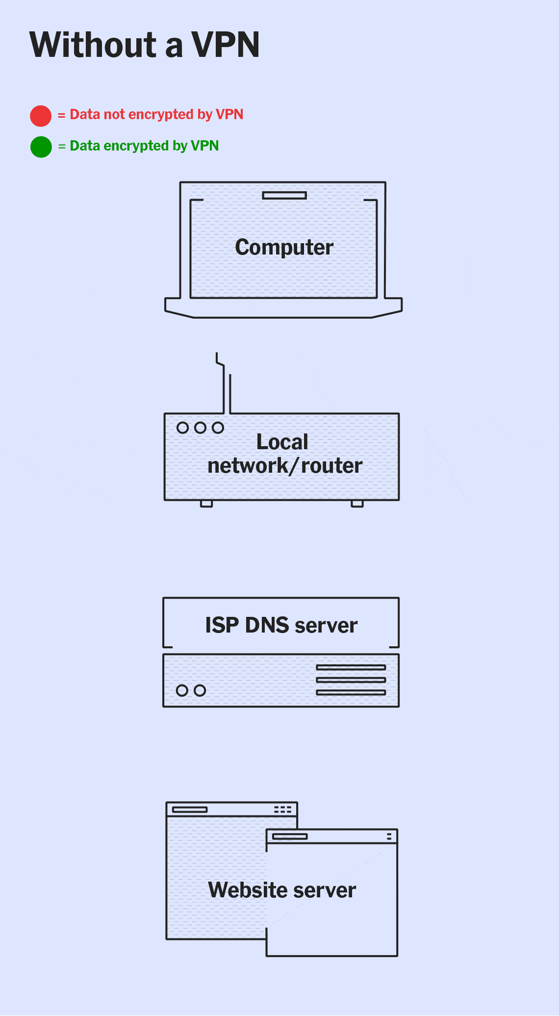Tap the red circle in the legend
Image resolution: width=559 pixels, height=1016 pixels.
41,116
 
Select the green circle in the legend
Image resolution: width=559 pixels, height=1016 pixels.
41,147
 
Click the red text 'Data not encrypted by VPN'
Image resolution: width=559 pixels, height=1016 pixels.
156,115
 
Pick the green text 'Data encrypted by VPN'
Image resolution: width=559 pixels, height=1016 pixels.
144,146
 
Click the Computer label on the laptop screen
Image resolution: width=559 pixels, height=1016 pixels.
284,247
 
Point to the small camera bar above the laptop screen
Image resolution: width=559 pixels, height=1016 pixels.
284,196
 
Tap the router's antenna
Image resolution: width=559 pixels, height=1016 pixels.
227,387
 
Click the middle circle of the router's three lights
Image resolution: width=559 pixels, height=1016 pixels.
200,428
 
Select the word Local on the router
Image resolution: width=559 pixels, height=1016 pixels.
282,442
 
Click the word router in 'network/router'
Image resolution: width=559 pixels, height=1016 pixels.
332,466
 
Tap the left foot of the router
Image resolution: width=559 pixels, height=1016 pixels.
206,504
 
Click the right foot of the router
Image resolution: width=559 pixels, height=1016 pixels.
357,504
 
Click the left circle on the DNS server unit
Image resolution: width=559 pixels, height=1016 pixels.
182,690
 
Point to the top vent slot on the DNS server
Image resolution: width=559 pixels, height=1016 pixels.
351,667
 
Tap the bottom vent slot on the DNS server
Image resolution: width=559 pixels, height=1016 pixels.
351,692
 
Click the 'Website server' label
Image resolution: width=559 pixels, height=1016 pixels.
282,890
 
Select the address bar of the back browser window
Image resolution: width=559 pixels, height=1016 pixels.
190,810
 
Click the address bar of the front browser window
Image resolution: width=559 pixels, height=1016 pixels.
290,837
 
